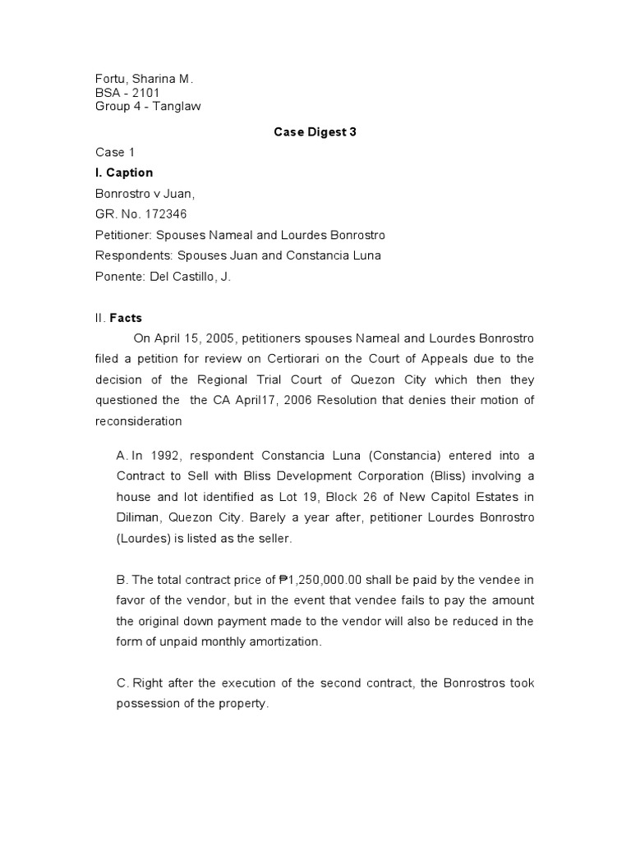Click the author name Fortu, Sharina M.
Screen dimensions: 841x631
click(144, 79)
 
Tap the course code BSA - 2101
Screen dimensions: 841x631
click(127, 93)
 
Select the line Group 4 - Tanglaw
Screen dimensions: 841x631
click(148, 107)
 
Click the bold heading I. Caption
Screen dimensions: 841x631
click(124, 172)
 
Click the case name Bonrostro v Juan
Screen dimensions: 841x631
click(146, 193)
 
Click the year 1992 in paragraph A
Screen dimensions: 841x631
click(166, 455)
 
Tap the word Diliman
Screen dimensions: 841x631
click(141, 517)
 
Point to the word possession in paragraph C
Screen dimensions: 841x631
click(150, 704)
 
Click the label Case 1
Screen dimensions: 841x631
click(111, 152)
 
